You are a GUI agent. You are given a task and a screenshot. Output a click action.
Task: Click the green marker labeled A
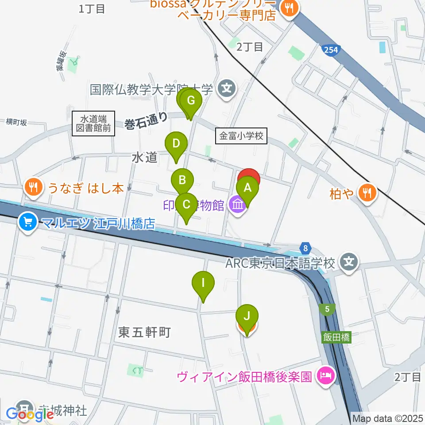[x=247, y=188]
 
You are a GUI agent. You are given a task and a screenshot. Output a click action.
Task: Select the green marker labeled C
[x=186, y=205]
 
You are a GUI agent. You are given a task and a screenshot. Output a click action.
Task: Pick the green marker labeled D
[x=176, y=144]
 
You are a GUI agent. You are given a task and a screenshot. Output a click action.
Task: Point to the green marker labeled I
[x=203, y=282]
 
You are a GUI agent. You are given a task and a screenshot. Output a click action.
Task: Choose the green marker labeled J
[x=247, y=316]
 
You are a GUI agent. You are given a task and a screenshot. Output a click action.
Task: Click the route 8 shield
[x=305, y=247]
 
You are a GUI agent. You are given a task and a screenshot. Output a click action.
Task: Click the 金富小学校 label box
[x=242, y=136]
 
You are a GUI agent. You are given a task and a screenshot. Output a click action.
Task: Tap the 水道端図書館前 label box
[x=93, y=124]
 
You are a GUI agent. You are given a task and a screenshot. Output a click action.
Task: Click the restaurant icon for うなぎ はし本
[x=34, y=188]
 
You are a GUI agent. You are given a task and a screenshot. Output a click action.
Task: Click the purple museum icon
[x=238, y=205]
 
